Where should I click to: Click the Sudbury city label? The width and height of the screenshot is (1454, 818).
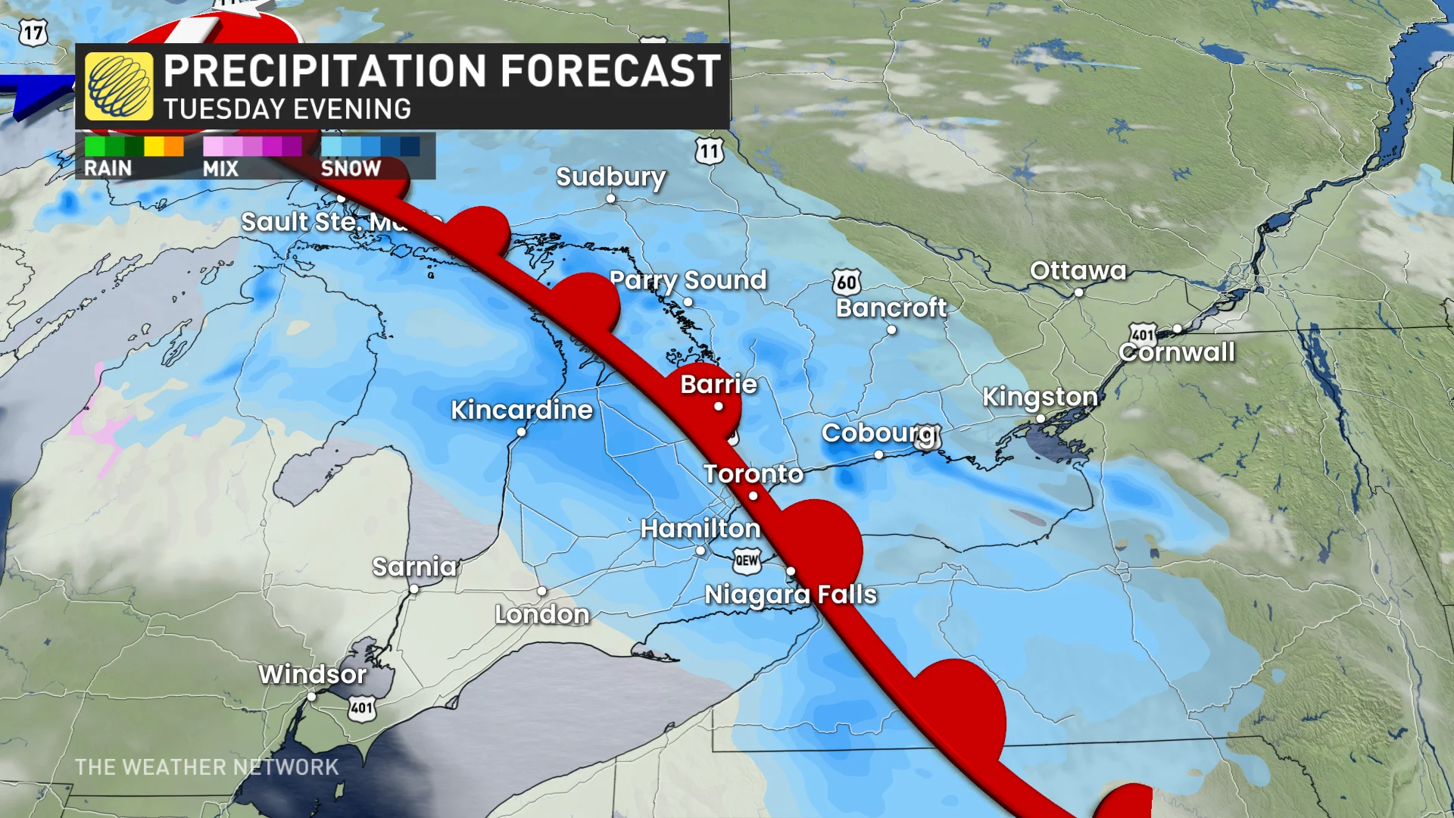610,176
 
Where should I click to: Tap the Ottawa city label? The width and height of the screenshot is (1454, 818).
1078,270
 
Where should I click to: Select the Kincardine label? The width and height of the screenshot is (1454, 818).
522,410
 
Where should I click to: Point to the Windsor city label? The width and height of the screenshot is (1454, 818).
312,674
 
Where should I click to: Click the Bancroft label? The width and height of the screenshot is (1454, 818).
891,308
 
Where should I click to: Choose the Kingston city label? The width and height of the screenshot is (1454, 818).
1040,396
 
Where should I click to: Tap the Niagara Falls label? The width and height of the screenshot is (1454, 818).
791,595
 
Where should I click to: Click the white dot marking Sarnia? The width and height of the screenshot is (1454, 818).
414,589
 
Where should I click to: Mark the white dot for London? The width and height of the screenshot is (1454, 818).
542,591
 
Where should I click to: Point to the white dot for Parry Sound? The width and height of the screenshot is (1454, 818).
688,301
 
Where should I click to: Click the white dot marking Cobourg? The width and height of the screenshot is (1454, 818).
878,454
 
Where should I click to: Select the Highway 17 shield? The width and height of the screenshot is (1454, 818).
33,33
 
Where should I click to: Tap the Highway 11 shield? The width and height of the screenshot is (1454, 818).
709,151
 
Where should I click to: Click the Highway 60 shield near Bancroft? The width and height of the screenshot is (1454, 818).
847,283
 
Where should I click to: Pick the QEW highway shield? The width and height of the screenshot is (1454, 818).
747,560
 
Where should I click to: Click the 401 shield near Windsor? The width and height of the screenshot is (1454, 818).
362,709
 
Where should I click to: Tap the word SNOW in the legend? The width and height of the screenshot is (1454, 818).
351,168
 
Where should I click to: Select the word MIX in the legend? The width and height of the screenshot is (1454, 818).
220,169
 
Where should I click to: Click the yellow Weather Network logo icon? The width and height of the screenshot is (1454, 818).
119,86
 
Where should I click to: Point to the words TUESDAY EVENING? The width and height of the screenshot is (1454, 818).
287,110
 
